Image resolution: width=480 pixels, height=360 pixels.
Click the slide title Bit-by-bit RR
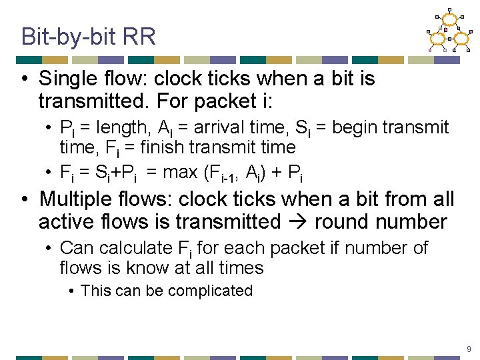(88, 36)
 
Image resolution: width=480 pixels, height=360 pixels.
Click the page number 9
(469, 349)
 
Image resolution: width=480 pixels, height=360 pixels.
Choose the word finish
(179, 147)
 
